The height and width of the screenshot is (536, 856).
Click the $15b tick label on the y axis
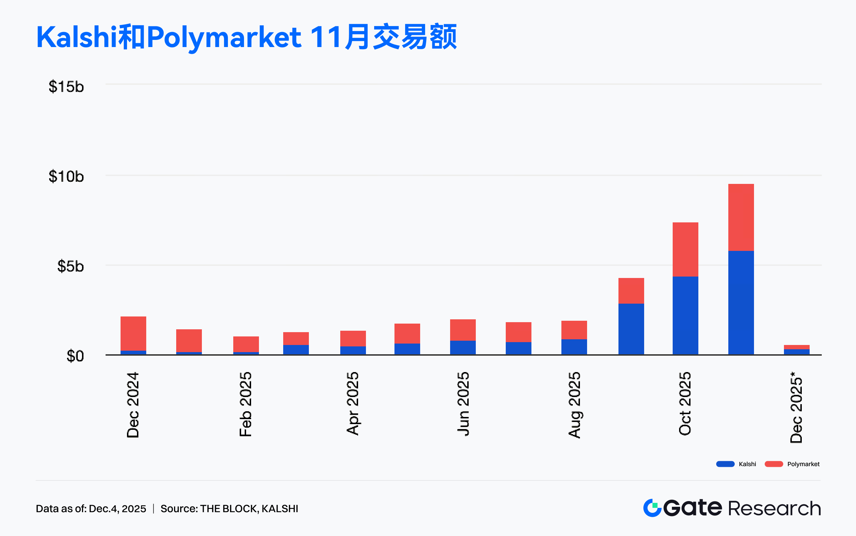(66, 87)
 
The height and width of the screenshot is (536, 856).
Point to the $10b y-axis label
(66, 176)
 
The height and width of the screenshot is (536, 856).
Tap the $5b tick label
(70, 266)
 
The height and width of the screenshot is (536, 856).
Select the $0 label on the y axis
(75, 356)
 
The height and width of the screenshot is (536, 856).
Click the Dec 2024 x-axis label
(133, 405)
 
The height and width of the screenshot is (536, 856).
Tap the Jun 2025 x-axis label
(463, 404)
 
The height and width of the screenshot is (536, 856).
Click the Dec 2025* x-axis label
(796, 407)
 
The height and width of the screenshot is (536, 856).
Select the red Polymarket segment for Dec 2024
(133, 334)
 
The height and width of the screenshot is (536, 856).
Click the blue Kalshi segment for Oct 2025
(686, 315)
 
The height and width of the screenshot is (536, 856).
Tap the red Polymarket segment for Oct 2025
(686, 249)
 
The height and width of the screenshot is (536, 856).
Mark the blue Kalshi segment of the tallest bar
(741, 303)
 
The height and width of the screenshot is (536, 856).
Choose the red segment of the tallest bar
(741, 217)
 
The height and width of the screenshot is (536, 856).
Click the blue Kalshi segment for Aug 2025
(574, 347)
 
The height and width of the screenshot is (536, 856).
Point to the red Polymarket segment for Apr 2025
(353, 339)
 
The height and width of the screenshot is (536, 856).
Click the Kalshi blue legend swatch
(725, 464)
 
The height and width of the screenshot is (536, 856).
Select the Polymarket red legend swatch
(774, 464)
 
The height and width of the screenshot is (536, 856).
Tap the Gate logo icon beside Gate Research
(652, 508)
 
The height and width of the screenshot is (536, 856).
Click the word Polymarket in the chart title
(224, 37)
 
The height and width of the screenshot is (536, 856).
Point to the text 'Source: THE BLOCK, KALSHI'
(229, 509)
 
